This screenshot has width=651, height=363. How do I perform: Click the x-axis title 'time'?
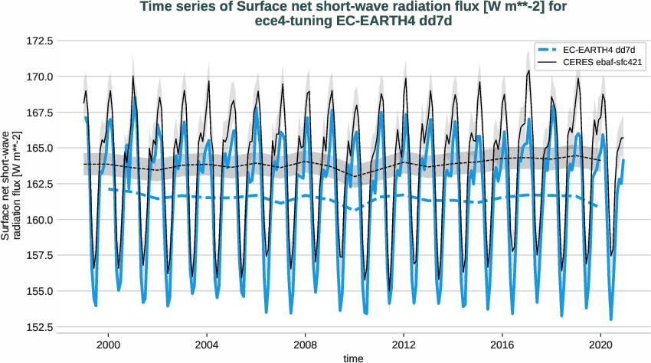click(x=353, y=358)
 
